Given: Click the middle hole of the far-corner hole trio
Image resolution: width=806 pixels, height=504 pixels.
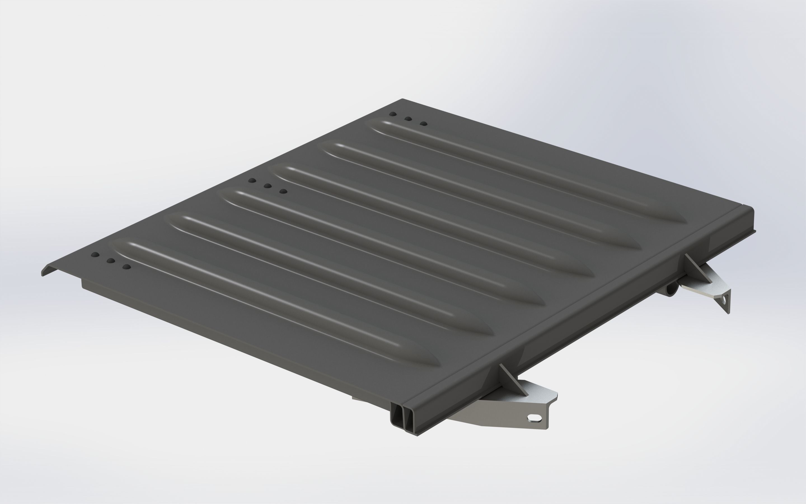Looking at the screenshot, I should click(408, 118).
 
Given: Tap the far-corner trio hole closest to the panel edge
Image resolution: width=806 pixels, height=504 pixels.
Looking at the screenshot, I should click(393, 114).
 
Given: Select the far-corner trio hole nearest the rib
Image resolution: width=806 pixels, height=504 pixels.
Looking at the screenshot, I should click(423, 124).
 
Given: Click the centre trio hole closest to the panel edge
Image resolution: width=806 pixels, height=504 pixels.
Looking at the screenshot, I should click(252, 180).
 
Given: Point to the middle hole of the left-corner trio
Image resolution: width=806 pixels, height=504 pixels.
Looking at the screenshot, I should click(111, 261).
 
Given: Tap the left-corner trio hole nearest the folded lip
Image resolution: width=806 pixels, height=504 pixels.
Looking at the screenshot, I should click(95, 255).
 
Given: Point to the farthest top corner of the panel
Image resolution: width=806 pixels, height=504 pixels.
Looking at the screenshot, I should click(402, 99).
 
